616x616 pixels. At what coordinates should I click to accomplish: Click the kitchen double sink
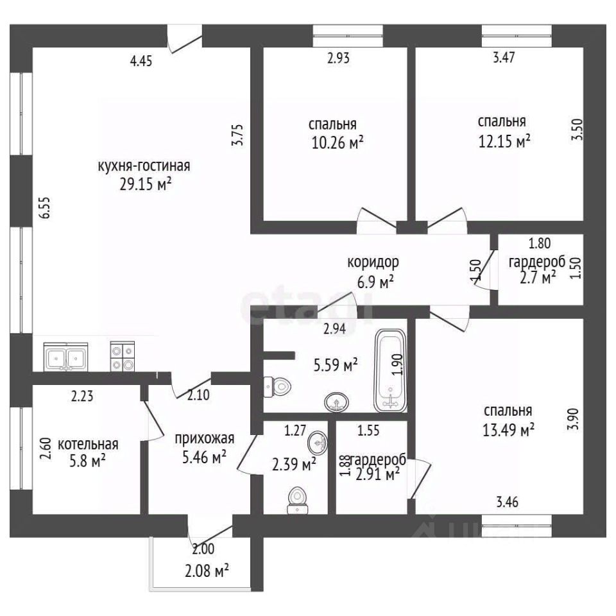(65, 356)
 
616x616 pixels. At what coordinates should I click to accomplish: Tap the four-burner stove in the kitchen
(123, 356)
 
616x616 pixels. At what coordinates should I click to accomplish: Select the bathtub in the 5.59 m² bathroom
(390, 370)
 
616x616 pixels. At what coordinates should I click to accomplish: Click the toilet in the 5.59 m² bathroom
(277, 387)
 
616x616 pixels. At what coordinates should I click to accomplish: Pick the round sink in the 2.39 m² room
(318, 443)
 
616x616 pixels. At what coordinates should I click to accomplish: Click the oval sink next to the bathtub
(337, 402)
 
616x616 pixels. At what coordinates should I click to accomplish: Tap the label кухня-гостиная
(144, 166)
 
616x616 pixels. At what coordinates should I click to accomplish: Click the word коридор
(373, 262)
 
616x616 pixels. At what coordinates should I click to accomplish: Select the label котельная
(88, 444)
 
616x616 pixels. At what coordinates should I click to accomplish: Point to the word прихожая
(204, 438)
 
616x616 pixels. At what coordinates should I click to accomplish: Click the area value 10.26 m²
(338, 142)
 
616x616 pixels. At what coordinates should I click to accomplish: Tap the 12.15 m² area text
(504, 141)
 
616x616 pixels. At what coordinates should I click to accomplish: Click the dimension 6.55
(45, 207)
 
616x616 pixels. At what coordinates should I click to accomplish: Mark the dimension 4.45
(141, 61)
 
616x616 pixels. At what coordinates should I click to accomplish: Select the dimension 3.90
(574, 419)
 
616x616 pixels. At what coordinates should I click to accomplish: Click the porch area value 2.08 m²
(207, 571)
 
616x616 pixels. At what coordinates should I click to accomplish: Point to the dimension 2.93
(338, 58)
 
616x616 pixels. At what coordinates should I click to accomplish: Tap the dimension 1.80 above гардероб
(540, 243)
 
